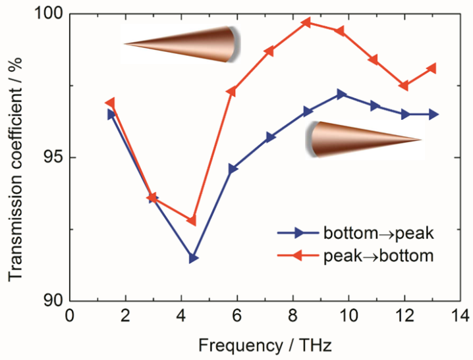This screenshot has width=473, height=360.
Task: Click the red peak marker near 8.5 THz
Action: pyautogui.click(x=306, y=22)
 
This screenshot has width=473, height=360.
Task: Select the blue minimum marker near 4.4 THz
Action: pyautogui.click(x=193, y=258)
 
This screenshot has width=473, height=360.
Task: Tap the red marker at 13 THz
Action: pyautogui.click(x=431, y=68)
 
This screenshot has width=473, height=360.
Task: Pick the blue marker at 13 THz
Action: pyautogui.click(x=433, y=114)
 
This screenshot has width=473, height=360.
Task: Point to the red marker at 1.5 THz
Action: pyautogui.click(x=110, y=103)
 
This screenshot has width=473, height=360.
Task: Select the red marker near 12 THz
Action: pyautogui.click(x=404, y=86)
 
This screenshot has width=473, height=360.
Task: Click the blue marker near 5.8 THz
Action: pyautogui.click(x=233, y=169)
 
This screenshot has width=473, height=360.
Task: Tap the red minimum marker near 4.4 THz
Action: pyautogui.click(x=191, y=220)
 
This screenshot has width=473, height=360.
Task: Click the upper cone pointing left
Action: pyautogui.click(x=181, y=44)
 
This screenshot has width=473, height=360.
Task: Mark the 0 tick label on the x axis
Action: pyautogui.click(x=70, y=317)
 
